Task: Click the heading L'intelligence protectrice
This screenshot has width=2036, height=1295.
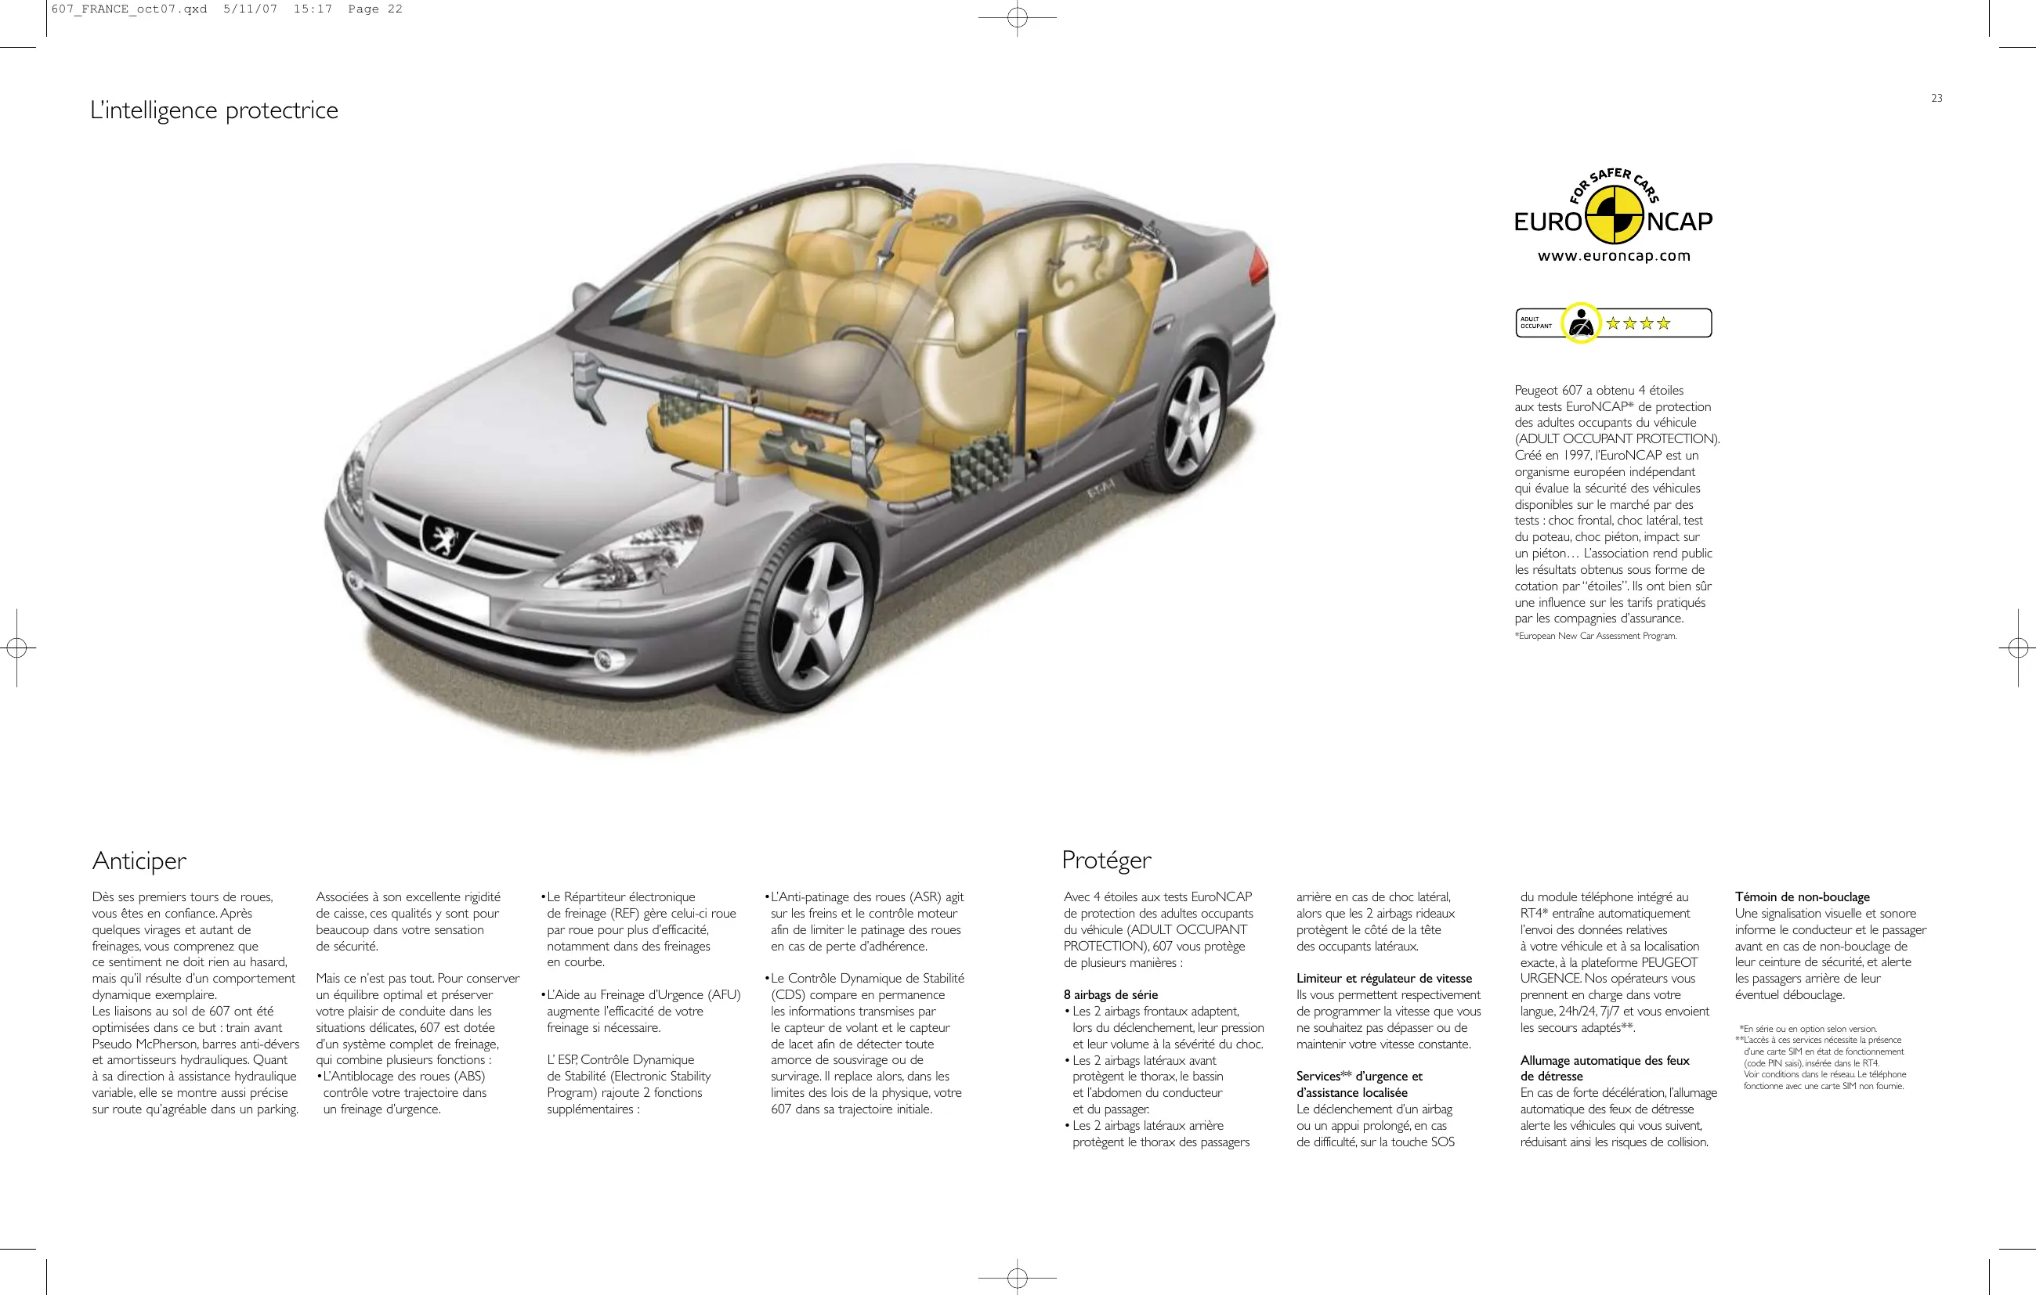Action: [214, 110]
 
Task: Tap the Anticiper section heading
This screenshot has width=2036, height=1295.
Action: [139, 860]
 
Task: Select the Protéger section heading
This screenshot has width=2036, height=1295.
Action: [1106, 860]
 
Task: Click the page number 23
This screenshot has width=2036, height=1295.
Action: [1937, 98]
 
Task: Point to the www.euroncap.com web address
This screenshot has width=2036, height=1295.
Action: [1613, 256]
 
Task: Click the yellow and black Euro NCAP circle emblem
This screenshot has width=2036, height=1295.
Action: [1614, 215]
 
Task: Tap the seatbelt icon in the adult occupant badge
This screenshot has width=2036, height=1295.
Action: [1580, 323]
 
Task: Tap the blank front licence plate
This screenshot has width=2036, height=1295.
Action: [437, 592]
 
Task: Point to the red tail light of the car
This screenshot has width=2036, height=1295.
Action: [1259, 264]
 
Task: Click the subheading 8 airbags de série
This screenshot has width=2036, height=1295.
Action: [1110, 995]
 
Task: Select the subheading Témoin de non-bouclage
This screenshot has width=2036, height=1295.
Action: [1802, 896]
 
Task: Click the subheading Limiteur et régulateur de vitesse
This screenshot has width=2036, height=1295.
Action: [1384, 979]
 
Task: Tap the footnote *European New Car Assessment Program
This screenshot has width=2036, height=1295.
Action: [1595, 636]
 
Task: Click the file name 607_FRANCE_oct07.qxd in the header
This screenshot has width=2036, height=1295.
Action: [128, 9]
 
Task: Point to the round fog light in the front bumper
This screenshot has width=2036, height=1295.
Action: [604, 660]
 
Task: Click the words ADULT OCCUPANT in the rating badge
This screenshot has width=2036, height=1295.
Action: [1536, 323]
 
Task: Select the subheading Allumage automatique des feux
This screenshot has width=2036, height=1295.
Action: [1604, 1061]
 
